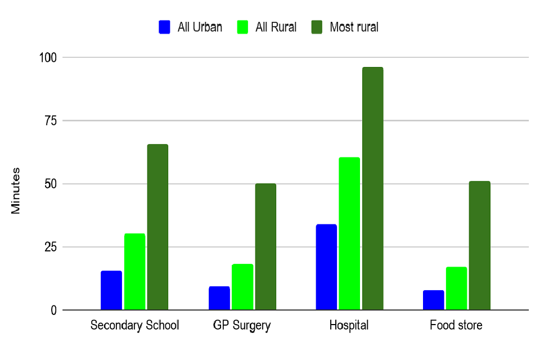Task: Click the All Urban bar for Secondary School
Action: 111,290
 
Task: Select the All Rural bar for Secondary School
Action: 135,272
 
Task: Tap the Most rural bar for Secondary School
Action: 158,227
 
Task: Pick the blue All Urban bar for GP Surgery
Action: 219,298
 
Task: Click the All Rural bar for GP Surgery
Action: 242,287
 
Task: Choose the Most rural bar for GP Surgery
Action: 265,247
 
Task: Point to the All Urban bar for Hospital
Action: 326,267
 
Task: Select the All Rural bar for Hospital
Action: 349,233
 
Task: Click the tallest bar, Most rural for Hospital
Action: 372,188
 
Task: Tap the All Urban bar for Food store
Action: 434,300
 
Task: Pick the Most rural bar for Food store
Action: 480,245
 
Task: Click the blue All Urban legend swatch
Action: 165,27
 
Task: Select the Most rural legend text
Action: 354,27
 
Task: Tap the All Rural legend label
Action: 276,27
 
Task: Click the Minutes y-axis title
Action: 16,190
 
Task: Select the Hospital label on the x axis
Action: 349,326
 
